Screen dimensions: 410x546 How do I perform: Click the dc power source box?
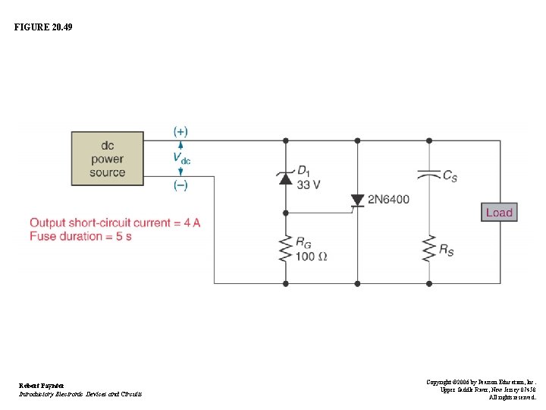pyautogui.click(x=107, y=159)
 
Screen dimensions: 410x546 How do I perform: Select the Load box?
pyautogui.click(x=499, y=213)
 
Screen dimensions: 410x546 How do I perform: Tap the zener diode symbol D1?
pyautogui.click(x=286, y=178)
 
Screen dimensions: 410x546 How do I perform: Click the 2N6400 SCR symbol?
pyautogui.click(x=357, y=200)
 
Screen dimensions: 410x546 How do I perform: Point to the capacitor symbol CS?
pyautogui.click(x=429, y=175)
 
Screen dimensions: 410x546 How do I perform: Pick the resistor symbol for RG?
pyautogui.click(x=286, y=248)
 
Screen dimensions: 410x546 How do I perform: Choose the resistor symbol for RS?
pyautogui.click(x=429, y=248)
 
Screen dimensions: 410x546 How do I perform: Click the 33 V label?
pyautogui.click(x=308, y=184)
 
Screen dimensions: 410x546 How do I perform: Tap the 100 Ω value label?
pyautogui.click(x=311, y=257)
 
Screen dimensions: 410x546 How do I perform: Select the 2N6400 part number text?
pyautogui.click(x=388, y=200)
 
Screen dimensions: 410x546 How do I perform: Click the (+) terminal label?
pyautogui.click(x=180, y=131)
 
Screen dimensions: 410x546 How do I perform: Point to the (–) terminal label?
pyautogui.click(x=180, y=186)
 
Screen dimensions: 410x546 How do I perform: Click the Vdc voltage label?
pyautogui.click(x=182, y=159)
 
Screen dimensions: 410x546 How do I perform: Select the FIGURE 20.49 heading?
pyautogui.click(x=43, y=27)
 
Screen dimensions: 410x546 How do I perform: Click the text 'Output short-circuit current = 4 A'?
pyautogui.click(x=115, y=222)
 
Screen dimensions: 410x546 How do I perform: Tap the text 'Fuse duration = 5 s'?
pyautogui.click(x=80, y=236)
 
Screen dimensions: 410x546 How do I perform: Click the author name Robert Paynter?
pyautogui.click(x=42, y=386)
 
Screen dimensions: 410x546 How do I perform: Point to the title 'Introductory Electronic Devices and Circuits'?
pyautogui.click(x=80, y=394)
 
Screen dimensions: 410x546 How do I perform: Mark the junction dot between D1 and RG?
pyautogui.click(x=286, y=212)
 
